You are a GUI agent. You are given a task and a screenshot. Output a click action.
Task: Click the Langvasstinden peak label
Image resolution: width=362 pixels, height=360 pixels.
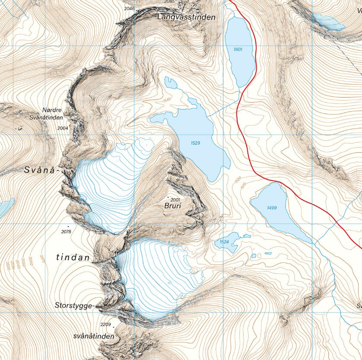(186, 17)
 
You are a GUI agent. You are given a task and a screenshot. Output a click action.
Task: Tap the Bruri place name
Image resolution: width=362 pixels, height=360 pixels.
(172, 206)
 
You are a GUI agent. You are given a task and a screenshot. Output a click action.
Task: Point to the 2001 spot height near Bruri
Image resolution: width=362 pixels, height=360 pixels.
(175, 200)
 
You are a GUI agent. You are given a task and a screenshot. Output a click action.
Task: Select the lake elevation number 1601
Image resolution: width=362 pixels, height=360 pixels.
(238, 50)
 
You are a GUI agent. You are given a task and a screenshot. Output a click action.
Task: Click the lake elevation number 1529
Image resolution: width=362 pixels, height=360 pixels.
(195, 142)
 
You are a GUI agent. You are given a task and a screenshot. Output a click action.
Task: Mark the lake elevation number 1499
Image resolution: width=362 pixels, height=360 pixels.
(272, 208)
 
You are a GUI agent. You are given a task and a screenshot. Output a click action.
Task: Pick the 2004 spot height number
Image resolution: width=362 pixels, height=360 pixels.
(63, 128)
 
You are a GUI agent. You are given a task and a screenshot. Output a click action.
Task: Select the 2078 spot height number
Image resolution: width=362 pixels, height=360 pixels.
(66, 232)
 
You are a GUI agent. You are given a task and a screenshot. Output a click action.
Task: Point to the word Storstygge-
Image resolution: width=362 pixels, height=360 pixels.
(74, 306)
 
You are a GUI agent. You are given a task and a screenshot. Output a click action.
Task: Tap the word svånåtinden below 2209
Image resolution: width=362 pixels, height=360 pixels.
(94, 336)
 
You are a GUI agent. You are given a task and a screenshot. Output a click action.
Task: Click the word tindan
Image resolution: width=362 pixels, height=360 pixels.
(73, 258)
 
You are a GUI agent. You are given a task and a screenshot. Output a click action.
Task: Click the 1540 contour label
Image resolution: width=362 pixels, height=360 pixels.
(167, 100)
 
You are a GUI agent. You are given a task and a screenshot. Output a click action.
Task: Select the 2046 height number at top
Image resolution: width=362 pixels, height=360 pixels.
(129, 8)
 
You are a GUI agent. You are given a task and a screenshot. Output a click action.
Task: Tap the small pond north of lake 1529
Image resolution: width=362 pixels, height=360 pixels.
(171, 82)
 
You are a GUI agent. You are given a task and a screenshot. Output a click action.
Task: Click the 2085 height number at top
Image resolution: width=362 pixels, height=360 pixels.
(170, 2)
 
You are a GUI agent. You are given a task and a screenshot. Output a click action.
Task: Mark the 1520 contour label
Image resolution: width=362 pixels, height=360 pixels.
(237, 179)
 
